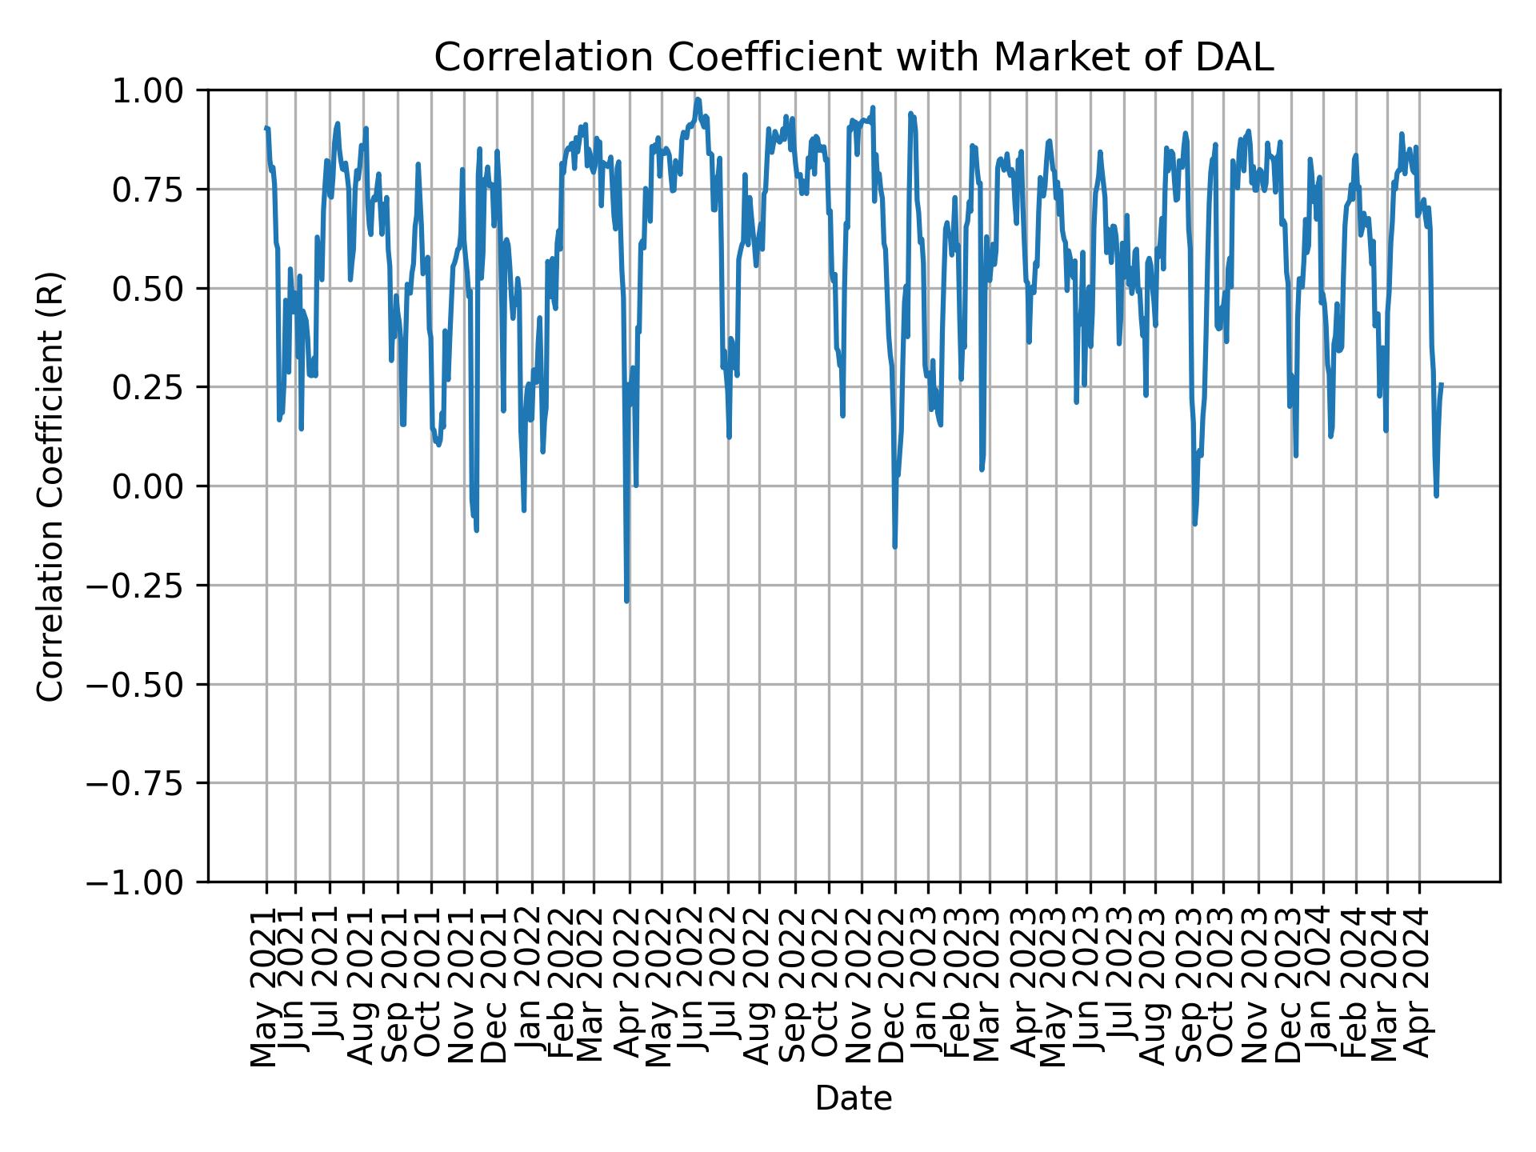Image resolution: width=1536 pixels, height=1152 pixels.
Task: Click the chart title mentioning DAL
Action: click(854, 58)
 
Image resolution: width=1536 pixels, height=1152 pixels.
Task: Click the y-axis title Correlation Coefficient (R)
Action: click(50, 486)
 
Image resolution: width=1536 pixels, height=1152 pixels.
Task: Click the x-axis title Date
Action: click(854, 1099)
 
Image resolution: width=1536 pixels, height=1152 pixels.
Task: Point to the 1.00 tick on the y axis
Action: click(158, 90)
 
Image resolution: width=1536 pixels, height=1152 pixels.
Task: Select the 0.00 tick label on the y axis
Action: click(158, 486)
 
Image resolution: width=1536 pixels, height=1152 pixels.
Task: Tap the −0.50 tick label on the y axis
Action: click(146, 684)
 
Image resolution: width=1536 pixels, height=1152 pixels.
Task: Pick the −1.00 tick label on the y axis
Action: click(146, 882)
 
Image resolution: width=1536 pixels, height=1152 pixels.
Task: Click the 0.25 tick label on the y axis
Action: click(158, 387)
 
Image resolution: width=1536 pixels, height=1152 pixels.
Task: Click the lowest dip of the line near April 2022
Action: click(627, 601)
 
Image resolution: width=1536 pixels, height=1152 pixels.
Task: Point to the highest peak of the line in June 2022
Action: click(698, 100)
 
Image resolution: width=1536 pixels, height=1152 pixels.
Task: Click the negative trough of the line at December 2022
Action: click(895, 547)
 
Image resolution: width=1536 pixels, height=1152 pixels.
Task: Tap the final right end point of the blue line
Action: click(1442, 384)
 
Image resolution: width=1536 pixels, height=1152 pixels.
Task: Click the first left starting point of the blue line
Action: click(266, 128)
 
